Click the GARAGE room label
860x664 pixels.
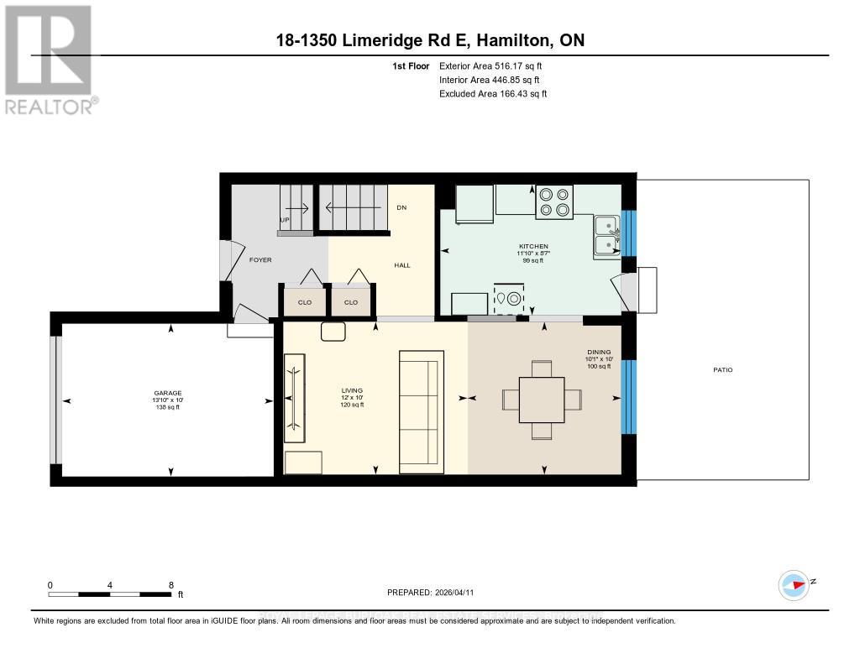pos(168,394)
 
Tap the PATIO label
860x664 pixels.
pos(723,369)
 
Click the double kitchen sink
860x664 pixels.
pos(604,235)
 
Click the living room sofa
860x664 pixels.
pos(420,411)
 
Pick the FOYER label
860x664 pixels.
pos(260,260)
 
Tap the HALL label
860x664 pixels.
pos(402,265)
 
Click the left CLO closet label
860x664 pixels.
pos(305,302)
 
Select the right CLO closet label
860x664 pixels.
pos(351,302)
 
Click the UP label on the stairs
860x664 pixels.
pos(284,221)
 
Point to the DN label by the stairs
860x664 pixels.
pos(401,207)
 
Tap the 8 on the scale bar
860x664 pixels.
pos(171,585)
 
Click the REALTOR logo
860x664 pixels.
pos(50,59)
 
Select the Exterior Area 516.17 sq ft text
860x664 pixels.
pos(496,65)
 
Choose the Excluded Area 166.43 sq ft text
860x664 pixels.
pos(493,94)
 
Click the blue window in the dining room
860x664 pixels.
pos(628,396)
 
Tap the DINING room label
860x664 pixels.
pos(599,353)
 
